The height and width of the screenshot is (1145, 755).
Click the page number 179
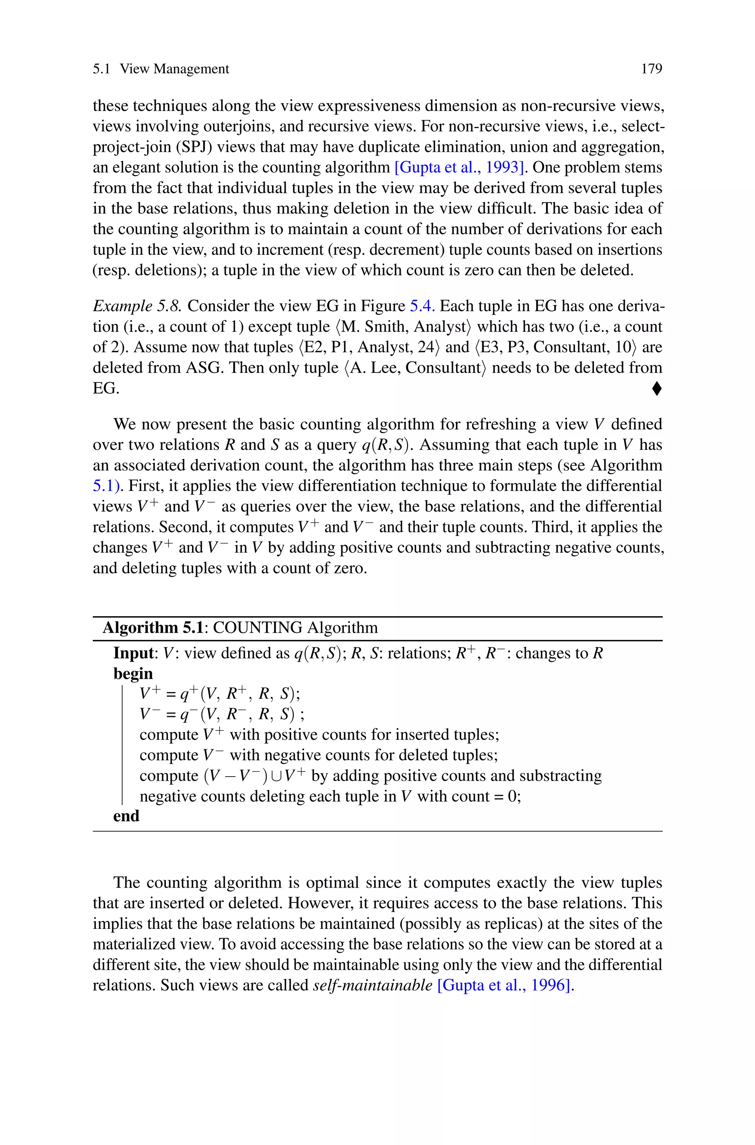click(x=651, y=69)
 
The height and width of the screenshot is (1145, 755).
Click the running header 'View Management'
click(x=174, y=69)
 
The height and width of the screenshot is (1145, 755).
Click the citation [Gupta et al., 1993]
click(x=459, y=167)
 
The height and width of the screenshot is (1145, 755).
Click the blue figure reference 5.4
click(x=422, y=306)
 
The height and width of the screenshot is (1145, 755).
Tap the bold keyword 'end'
click(x=126, y=816)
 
